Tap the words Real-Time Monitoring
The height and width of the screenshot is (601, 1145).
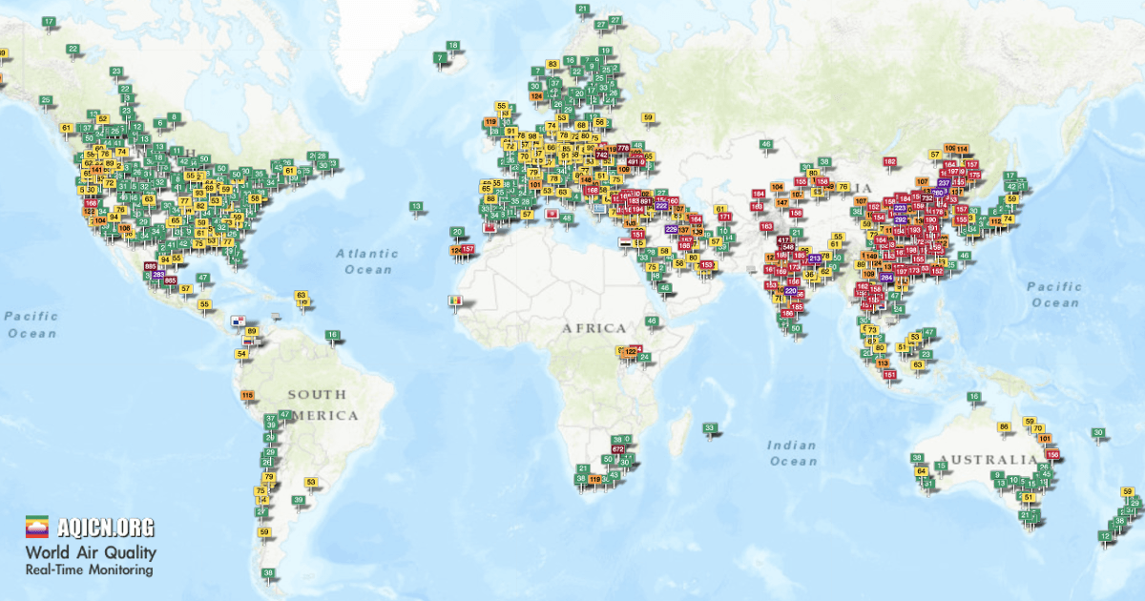click(x=89, y=570)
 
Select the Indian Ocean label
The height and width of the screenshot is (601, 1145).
click(x=793, y=452)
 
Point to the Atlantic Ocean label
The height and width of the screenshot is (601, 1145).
click(x=366, y=260)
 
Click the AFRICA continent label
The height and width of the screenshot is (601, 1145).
click(x=593, y=328)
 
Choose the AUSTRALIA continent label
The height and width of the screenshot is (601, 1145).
click(x=987, y=460)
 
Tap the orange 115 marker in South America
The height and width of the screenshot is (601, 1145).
click(x=248, y=395)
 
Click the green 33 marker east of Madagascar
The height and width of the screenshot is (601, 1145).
click(x=710, y=427)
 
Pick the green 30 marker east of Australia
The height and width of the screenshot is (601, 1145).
click(x=1099, y=433)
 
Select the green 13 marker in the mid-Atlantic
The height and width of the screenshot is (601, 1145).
click(x=416, y=206)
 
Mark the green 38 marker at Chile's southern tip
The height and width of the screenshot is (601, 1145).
click(x=269, y=573)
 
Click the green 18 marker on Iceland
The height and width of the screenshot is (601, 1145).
click(x=452, y=46)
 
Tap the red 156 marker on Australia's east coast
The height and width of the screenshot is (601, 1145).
click(x=1053, y=455)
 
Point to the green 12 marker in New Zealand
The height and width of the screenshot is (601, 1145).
click(x=1105, y=536)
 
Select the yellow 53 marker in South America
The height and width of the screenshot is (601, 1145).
click(x=310, y=482)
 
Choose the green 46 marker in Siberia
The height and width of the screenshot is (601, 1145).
click(x=765, y=144)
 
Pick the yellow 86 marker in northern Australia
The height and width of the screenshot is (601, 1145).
click(x=1003, y=426)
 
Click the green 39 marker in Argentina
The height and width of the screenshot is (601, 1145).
click(x=299, y=500)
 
